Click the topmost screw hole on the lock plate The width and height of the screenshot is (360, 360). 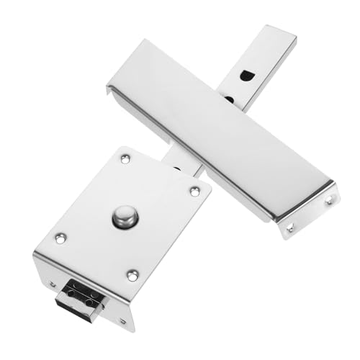pos(125,158)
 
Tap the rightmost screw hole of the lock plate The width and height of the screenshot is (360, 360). pos(194,191)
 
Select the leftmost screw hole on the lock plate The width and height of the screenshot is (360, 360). pos(60,237)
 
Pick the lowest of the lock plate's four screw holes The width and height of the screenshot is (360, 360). pos(132,274)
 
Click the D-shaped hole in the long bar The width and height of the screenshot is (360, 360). pos(246,74)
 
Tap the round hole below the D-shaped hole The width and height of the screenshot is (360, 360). pos(229,99)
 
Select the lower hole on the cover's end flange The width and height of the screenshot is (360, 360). pos(291,228)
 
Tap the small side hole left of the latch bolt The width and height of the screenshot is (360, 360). pos(53,283)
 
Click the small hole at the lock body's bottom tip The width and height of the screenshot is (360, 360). pos(122,321)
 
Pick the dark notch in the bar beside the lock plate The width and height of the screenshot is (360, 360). pos(177,169)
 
